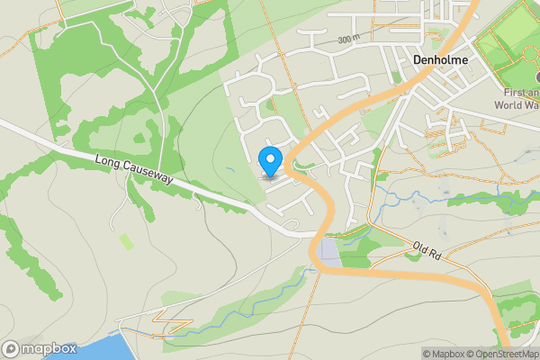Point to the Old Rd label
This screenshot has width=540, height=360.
click(425, 249)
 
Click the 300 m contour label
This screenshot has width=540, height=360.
click(348, 40)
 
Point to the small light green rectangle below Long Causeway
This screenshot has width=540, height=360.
click(127, 241)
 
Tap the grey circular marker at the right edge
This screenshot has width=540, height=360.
click(536, 77)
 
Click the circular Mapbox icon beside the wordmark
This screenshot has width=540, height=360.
click(11, 348)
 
